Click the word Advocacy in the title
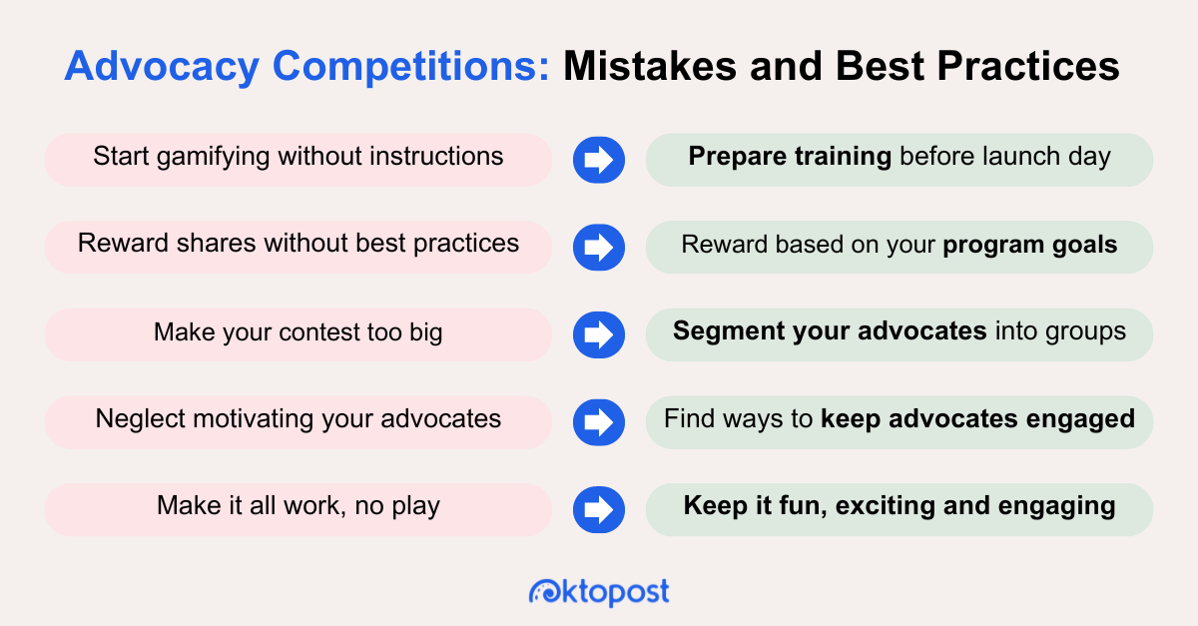(162, 67)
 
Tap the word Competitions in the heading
(410, 66)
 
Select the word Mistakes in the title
(650, 66)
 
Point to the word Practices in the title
(1028, 66)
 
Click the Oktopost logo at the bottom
(599, 592)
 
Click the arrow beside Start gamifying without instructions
(599, 160)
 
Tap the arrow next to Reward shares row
(599, 248)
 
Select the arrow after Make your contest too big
(599, 334)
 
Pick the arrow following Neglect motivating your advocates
(599, 422)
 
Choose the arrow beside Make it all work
(599, 509)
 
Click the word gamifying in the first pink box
(214, 158)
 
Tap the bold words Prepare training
(790, 158)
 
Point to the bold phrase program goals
(1030, 246)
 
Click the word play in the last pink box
(415, 506)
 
